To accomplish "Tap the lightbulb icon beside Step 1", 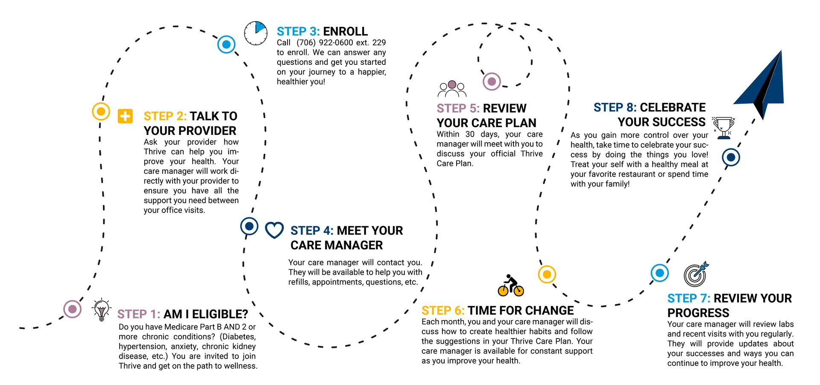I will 101,309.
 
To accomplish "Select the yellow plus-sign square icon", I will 125,116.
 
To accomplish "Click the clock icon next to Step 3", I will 256,33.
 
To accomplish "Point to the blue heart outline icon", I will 274,230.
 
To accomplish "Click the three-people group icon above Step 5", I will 452,89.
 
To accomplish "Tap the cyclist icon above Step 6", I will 511,286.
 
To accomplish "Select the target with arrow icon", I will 696,274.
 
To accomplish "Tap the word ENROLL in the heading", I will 345,32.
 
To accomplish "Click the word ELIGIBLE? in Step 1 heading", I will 220,314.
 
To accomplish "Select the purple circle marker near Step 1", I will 73,309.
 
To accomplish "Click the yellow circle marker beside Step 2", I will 101,111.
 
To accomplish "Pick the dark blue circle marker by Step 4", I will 249,226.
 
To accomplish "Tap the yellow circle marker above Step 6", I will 547,274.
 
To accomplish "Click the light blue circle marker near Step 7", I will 660,273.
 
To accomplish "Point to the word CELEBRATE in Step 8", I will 673,108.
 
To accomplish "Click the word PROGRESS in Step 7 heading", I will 698,313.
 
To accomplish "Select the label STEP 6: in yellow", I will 443,311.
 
